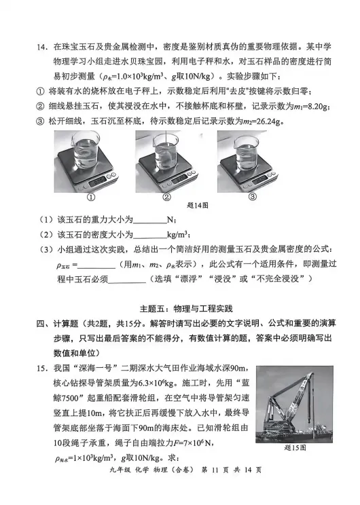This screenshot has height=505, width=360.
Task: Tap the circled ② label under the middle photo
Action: (x=165, y=198)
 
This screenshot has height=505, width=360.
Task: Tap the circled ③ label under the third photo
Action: (x=251, y=198)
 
